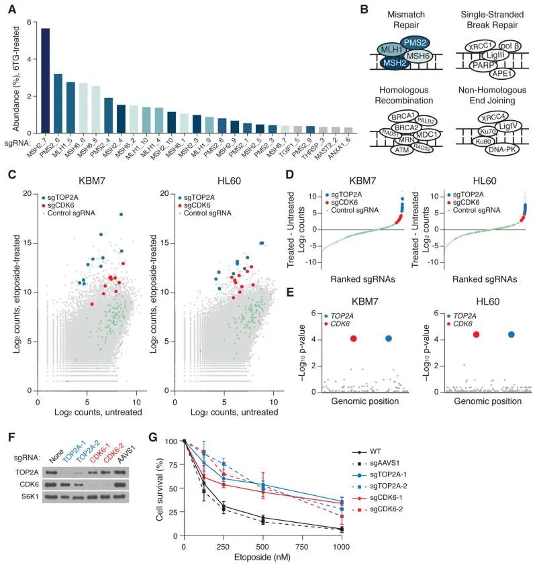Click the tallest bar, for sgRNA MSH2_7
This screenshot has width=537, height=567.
(46, 81)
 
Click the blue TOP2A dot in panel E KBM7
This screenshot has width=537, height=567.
(389, 339)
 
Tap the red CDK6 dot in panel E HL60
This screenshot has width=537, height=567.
(476, 334)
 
